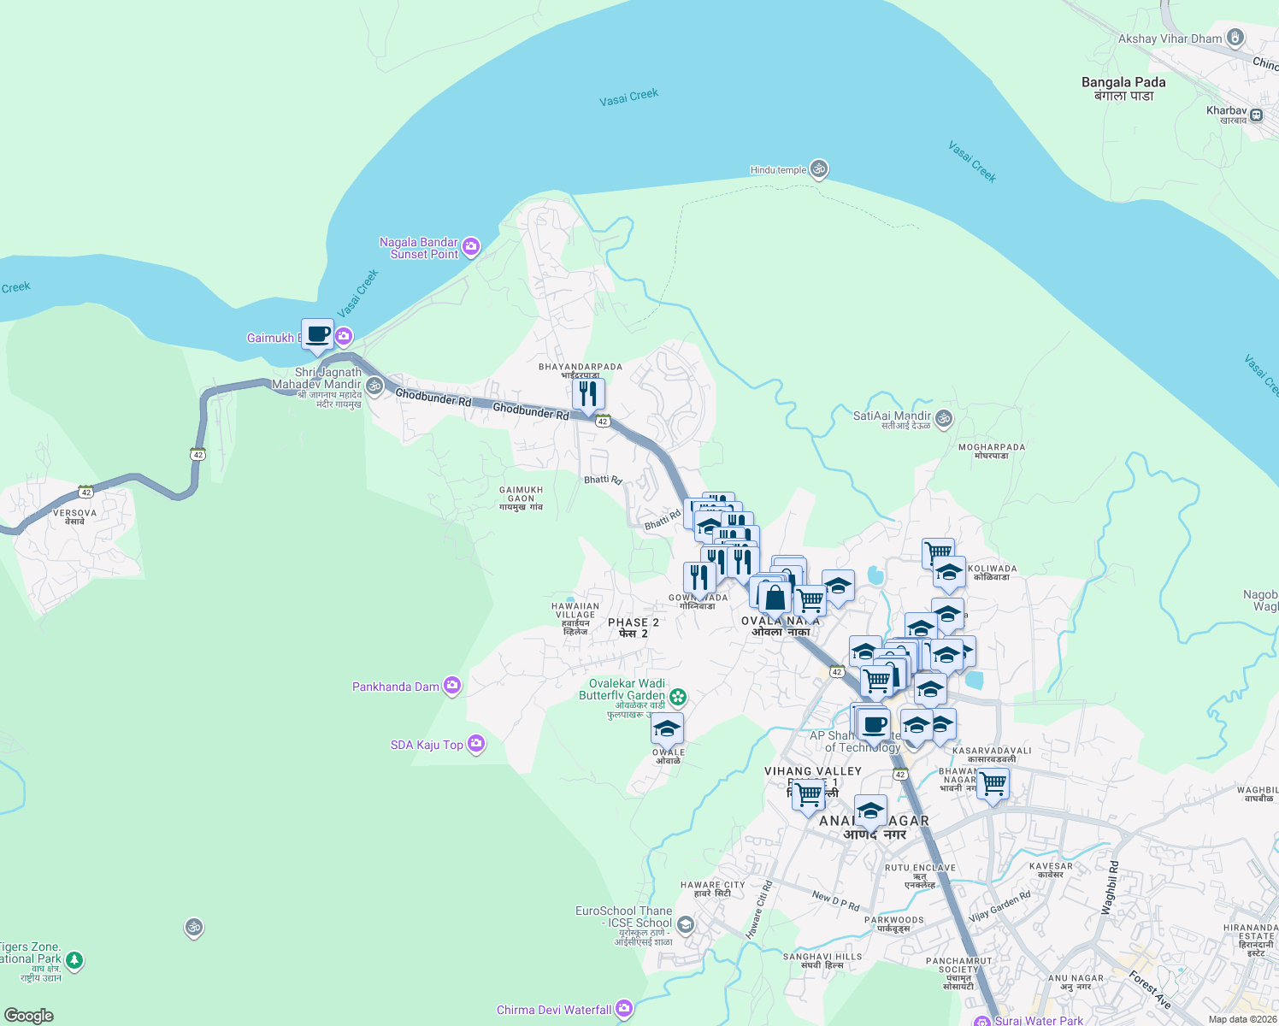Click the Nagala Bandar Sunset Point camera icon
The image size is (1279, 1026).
tap(470, 247)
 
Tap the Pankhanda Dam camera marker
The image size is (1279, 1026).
tap(452, 686)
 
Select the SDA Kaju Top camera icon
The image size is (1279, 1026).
tap(476, 744)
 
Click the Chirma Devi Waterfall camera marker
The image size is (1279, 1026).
tap(624, 1009)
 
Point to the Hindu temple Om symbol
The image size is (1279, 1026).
tap(819, 169)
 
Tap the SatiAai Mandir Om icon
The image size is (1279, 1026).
tap(944, 417)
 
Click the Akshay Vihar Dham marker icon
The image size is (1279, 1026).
tap(1235, 38)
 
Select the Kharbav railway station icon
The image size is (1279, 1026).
tap(1257, 115)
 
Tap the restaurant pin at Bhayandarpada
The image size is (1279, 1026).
tap(588, 394)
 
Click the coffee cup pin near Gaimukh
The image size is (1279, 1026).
tap(317, 334)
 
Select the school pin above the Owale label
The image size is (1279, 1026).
tap(667, 728)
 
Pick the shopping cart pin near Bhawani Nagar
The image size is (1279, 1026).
tap(993, 782)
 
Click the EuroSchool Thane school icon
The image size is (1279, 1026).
tap(685, 925)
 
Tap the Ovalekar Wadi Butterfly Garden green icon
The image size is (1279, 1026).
tap(678, 697)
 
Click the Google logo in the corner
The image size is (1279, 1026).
tap(28, 1015)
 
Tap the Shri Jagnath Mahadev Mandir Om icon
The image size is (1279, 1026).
tap(374, 386)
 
